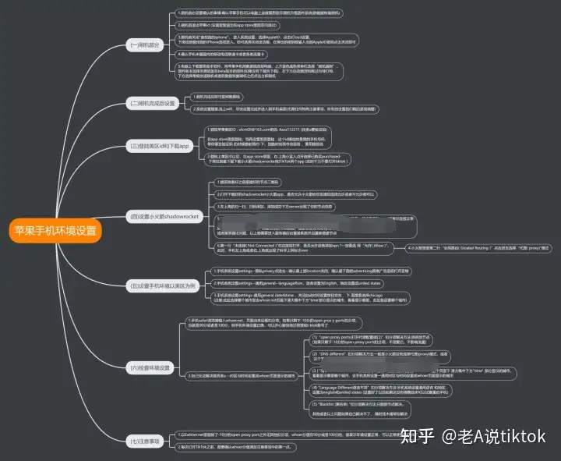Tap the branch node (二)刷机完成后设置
(x=153, y=103)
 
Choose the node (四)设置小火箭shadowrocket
(x=165, y=216)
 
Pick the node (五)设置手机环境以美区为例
(x=165, y=285)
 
